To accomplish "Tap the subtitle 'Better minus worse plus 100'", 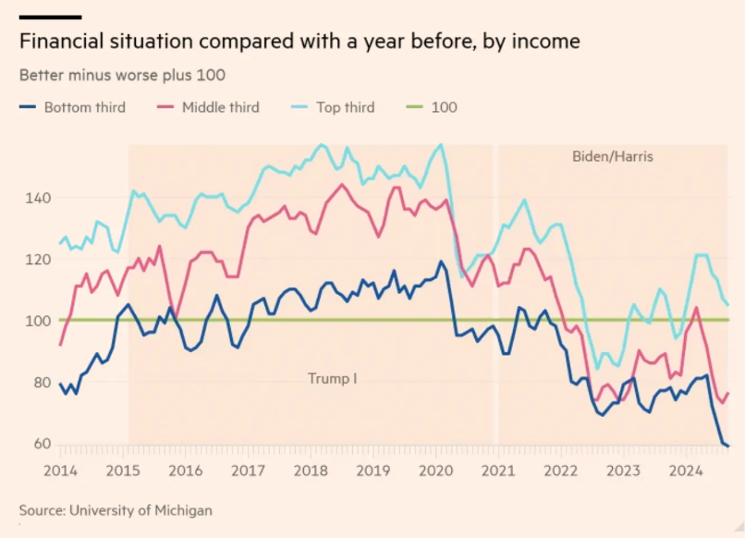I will coord(122,74).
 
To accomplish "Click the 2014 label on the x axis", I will coord(61,470).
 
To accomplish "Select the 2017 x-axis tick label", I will coord(248,470).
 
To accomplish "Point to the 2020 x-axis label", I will coord(434,470).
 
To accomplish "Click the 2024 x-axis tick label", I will coord(686,470).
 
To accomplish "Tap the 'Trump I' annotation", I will coord(332,378).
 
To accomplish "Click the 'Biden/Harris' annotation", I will coord(613,157).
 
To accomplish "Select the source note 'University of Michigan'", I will coord(116,509).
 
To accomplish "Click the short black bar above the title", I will coord(50,17).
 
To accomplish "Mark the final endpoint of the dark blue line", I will coord(727,446).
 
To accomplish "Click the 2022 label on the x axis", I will coord(560,470).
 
